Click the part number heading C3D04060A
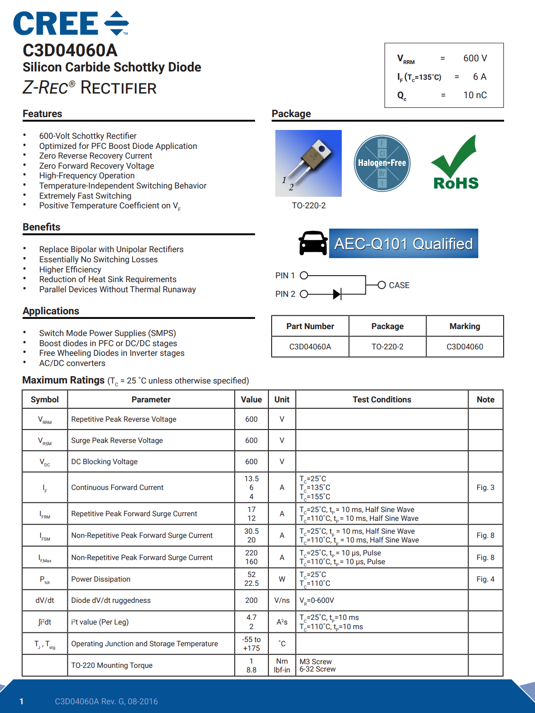(70, 50)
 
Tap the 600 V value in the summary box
(475, 58)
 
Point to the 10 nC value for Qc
(475, 95)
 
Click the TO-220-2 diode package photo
(308, 163)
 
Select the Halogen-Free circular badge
(382, 163)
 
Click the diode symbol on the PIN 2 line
(337, 294)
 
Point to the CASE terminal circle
(381, 285)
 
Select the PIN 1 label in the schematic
(285, 276)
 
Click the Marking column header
(464, 326)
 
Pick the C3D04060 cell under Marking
(464, 347)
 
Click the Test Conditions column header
(382, 400)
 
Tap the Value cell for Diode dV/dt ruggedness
(251, 601)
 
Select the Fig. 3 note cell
(485, 488)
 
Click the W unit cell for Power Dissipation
(282, 579)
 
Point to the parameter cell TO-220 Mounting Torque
(112, 666)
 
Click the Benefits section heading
(42, 227)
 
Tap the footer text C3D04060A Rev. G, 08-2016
(106, 701)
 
